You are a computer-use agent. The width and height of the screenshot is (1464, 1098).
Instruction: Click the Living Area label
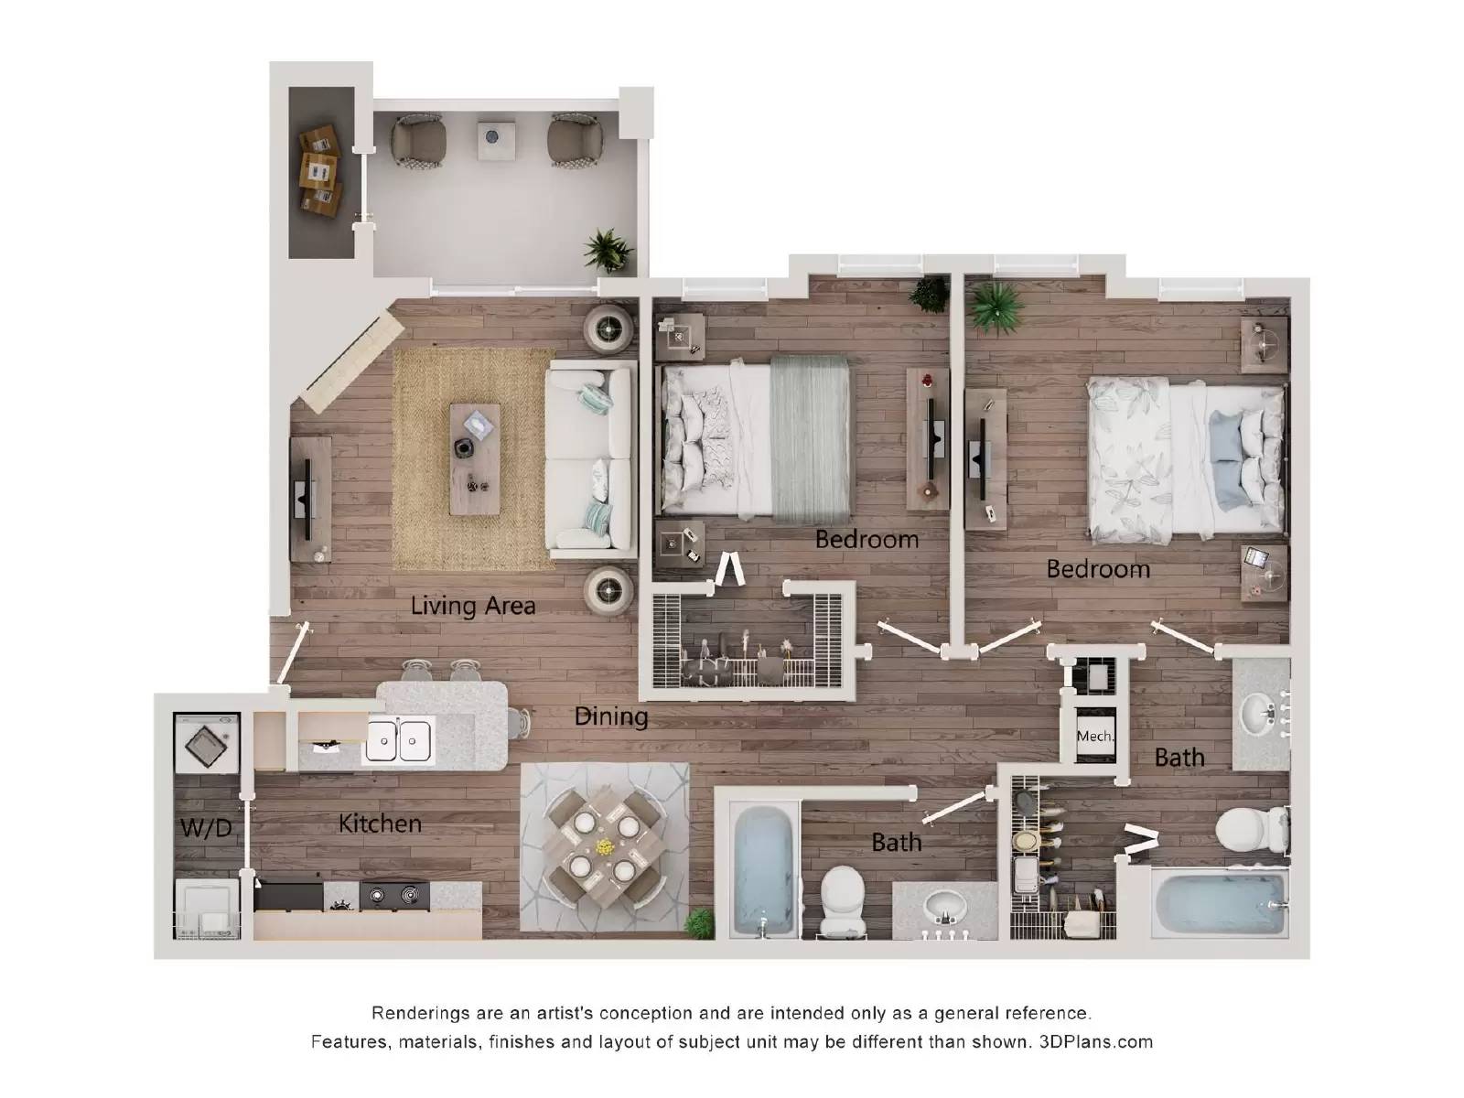tap(472, 605)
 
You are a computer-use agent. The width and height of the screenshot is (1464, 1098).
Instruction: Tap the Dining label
tap(610, 716)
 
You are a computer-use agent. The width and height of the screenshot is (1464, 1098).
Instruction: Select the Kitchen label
tap(380, 823)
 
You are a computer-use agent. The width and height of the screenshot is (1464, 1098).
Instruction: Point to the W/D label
tap(206, 828)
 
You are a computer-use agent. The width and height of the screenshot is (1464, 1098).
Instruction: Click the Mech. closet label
tap(1094, 736)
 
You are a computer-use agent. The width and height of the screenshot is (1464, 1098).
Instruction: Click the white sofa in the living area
tap(590, 458)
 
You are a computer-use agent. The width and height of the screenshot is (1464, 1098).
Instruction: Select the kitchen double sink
tap(398, 740)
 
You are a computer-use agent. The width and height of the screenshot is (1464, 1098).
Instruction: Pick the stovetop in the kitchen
tap(394, 895)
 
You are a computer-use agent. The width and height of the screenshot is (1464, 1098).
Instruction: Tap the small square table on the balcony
tap(496, 140)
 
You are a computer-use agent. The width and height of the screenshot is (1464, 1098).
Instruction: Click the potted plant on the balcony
tap(608, 248)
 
